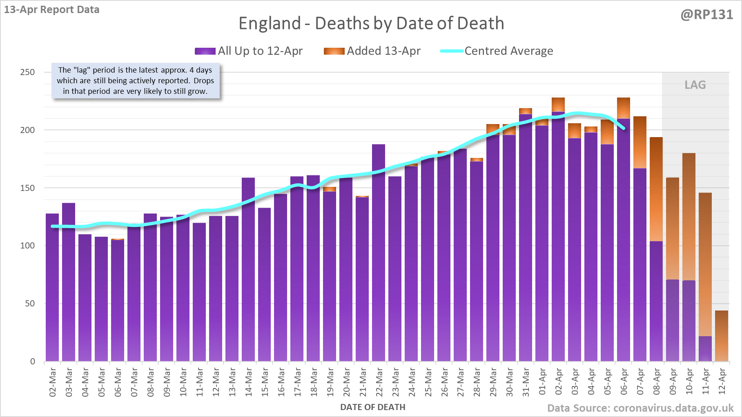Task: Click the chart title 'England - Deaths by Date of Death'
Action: (x=371, y=23)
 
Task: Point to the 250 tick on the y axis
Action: (x=27, y=72)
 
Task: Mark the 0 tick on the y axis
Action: (x=32, y=362)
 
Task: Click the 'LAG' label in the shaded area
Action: (x=695, y=85)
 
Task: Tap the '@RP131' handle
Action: (x=706, y=15)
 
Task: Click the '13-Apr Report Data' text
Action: (x=51, y=10)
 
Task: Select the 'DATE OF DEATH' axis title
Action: (x=372, y=407)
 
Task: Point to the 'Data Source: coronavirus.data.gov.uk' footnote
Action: (x=640, y=408)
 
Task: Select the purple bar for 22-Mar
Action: (x=379, y=253)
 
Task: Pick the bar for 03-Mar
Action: (x=69, y=282)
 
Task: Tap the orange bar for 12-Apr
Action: (x=722, y=336)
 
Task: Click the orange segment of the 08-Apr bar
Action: (x=656, y=189)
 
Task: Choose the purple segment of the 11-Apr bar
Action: (x=705, y=349)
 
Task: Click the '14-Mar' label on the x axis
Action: (x=249, y=382)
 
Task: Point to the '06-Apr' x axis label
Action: (x=624, y=382)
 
